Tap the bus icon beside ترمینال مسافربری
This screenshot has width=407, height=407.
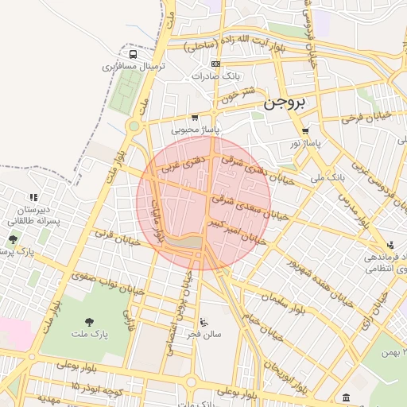coord(133,54)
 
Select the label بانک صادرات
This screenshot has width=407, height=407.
coord(215,76)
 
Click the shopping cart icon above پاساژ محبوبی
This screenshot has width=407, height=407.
coord(195,117)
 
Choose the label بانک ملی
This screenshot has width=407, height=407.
coord(329,178)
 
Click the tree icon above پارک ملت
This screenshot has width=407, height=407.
coord(88,321)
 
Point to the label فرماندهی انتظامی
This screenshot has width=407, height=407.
coord(386,263)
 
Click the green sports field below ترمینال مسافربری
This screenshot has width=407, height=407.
coord(122,95)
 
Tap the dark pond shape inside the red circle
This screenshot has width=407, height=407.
coord(184,241)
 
